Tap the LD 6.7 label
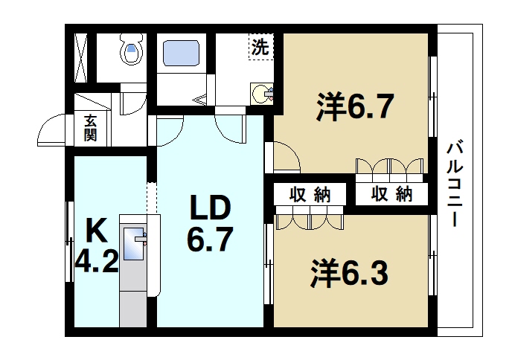tap(210, 223)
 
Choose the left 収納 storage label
tap(310, 195)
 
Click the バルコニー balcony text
tap(452, 181)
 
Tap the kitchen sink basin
tap(135, 245)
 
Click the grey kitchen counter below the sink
tap(135, 298)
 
